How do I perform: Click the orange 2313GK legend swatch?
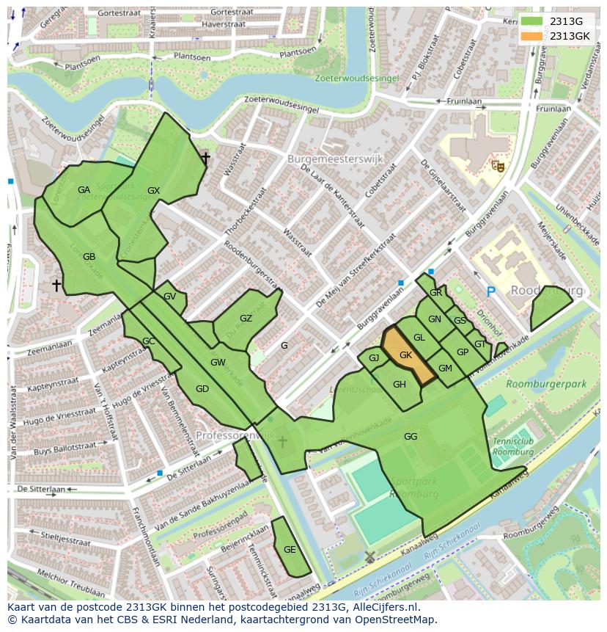pos(532,36)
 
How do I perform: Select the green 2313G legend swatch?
pos(532,21)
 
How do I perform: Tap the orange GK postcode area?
pos(408,355)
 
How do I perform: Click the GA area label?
pos(84,190)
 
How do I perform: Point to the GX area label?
pos(153,191)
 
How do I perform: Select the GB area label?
pos(89,257)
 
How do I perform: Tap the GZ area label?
pos(246,319)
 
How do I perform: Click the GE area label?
pos(290,550)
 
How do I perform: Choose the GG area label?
pos(411,437)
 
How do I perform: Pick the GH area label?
pos(399,385)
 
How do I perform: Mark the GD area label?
pos(202,389)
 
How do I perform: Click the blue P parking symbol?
pos(491,292)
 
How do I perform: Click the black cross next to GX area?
pos(205,157)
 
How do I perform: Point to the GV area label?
pos(169,297)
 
